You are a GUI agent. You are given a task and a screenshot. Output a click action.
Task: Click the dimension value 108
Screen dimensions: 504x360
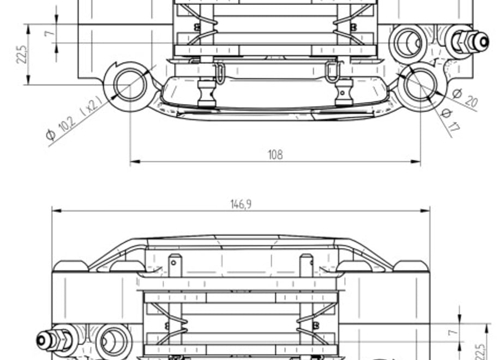(275, 154)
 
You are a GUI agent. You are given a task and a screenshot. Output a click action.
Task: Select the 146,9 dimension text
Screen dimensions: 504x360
(241, 204)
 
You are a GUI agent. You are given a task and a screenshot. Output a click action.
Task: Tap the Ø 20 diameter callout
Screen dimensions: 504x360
(465, 98)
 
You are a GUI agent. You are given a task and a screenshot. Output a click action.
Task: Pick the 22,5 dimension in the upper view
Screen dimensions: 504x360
(22, 55)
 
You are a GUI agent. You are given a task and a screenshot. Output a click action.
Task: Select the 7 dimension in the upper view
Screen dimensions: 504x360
(49, 33)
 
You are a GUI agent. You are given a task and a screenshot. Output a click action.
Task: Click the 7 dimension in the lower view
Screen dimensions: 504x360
(452, 332)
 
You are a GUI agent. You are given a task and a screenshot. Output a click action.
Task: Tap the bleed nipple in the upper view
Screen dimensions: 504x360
(471, 41)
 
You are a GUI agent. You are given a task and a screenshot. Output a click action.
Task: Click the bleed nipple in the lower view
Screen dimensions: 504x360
(54, 340)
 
